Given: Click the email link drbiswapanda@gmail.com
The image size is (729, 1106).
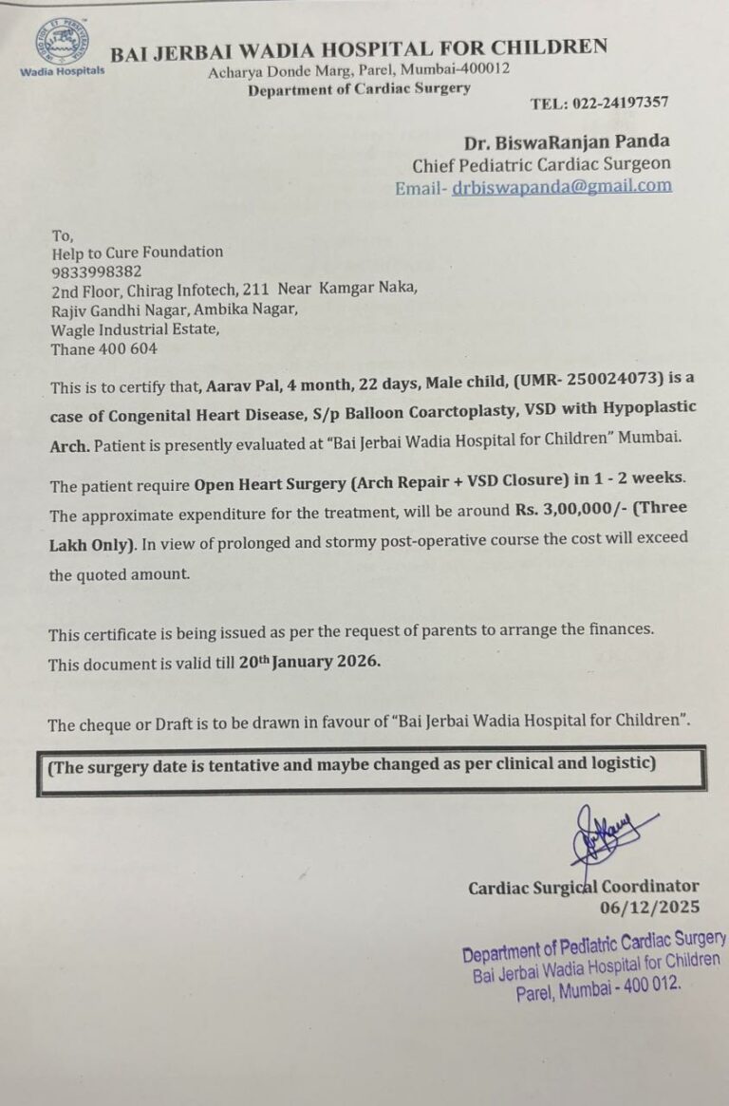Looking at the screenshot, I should tap(562, 186).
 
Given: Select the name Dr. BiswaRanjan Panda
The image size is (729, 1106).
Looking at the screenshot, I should tap(567, 141).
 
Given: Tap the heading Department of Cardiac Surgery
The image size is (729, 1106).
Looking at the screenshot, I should tap(359, 89).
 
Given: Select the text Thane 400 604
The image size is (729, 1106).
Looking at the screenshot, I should tap(103, 348).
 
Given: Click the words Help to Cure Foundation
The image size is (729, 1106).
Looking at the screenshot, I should tap(137, 252).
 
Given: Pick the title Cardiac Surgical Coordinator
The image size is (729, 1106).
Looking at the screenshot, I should tap(583, 887).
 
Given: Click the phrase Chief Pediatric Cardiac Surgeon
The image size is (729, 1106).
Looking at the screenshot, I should tap(541, 164).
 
